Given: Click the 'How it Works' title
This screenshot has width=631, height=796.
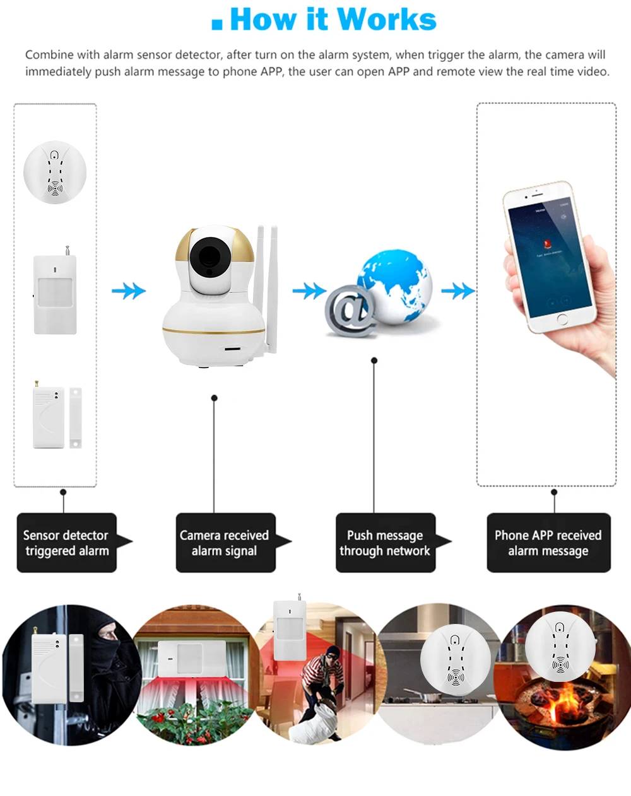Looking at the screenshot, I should click(333, 19).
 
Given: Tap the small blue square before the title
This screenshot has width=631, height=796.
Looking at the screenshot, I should click(217, 24).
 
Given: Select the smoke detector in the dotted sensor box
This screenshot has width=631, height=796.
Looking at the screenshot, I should click(55, 172).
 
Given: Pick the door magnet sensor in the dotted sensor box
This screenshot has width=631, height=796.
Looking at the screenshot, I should click(57, 417).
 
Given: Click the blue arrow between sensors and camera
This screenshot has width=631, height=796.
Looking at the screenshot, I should click(129, 291).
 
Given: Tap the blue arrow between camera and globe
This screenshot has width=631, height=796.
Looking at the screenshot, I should click(309, 291).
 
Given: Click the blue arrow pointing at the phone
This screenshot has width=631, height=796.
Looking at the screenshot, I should click(457, 291).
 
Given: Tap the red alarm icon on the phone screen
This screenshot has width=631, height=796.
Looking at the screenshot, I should click(541, 244).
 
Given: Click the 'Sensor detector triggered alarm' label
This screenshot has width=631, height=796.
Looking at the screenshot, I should click(67, 543).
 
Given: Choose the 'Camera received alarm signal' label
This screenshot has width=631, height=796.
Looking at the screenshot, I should click(225, 543).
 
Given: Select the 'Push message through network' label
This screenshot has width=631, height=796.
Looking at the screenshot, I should click(385, 543).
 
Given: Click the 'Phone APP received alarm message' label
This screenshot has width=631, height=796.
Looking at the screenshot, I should click(548, 543).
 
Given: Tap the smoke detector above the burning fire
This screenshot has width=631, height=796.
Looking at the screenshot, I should click(560, 645).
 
